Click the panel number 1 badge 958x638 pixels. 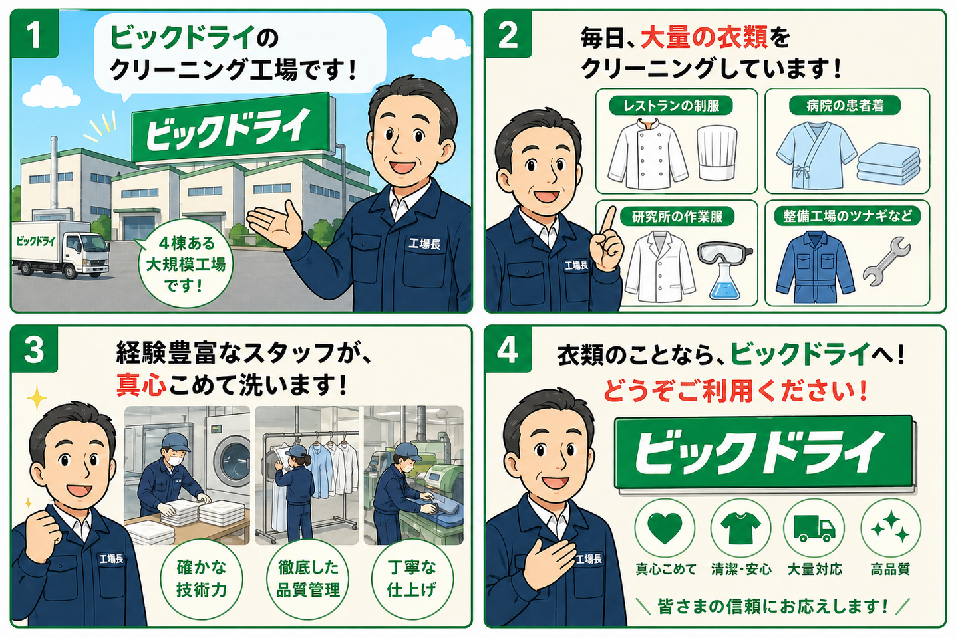[34, 34]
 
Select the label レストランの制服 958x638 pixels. [671, 106]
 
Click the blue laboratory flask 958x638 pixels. [724, 280]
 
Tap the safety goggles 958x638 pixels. [724, 254]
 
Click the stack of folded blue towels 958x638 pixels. [888, 163]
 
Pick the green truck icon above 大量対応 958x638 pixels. [814, 528]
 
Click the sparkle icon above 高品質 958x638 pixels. [890, 527]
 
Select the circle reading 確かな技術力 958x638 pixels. [202, 580]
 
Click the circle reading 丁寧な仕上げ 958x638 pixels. [411, 580]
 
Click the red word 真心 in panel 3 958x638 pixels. [141, 385]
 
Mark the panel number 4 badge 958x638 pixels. [508, 350]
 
